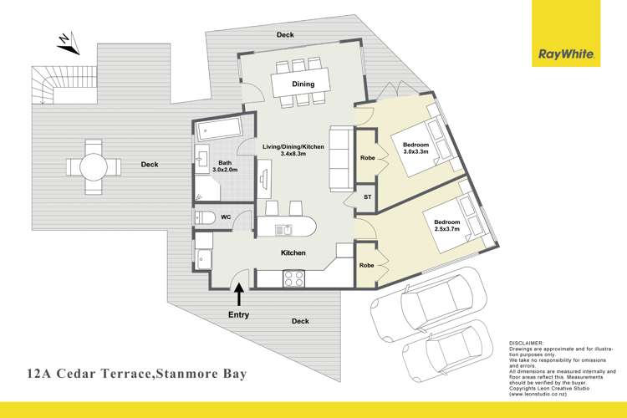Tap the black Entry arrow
(x=240, y=294)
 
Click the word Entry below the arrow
(x=239, y=315)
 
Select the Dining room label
(x=303, y=84)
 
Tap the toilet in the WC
(x=206, y=217)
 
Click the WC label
(x=226, y=217)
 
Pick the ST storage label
(x=367, y=197)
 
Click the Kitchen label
(x=293, y=252)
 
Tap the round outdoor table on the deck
(x=91, y=167)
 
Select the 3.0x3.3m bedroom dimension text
(x=415, y=152)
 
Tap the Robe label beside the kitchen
(x=367, y=264)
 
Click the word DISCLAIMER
(x=527, y=343)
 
